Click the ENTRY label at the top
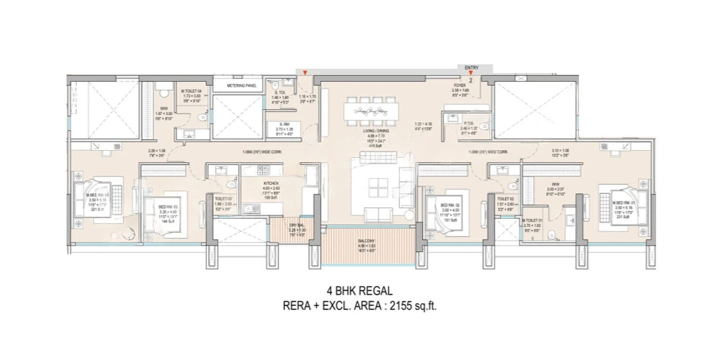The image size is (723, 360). [x=471, y=67]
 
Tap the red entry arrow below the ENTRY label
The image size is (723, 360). [x=471, y=73]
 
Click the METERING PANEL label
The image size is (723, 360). [x=241, y=85]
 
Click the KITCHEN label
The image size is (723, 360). [x=271, y=183]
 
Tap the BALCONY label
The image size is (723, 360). [x=367, y=241]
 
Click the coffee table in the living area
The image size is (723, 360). [x=378, y=187]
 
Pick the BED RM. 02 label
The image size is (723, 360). [x=450, y=205]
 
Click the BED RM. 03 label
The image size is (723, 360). [x=167, y=206]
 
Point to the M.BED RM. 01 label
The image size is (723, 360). [x=622, y=203]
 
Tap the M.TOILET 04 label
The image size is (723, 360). [x=191, y=91]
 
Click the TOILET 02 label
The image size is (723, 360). [x=503, y=199]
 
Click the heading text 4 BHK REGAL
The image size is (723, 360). [x=359, y=291]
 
